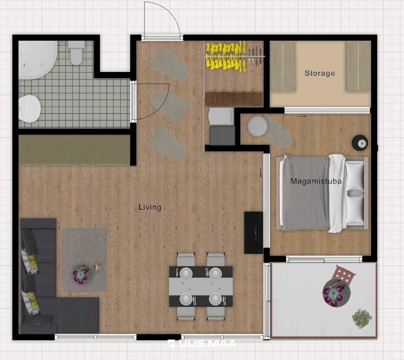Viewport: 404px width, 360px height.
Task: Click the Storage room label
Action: coord(320,73)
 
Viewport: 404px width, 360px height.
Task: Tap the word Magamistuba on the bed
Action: coord(316,181)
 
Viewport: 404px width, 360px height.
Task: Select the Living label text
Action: coord(150,207)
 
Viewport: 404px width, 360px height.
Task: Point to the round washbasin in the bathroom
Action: coord(29,108)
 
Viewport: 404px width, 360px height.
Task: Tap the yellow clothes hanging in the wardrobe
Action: coord(226,56)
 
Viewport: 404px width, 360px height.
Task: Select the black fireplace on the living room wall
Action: coord(254,233)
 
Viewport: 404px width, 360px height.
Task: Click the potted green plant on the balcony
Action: coord(362,319)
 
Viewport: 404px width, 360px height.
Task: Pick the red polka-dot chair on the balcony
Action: coord(345,274)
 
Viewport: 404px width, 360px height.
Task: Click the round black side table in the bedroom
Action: coord(360,143)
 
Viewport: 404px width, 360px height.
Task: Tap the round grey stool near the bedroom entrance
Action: coord(257,126)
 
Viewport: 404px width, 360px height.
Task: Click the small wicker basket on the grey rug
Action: coord(97,267)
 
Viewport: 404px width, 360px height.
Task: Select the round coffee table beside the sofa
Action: coord(82,274)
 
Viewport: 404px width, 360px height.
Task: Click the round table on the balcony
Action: coord(337,293)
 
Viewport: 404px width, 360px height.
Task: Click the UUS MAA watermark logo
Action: coord(202,343)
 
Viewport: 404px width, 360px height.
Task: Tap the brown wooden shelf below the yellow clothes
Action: coord(234,99)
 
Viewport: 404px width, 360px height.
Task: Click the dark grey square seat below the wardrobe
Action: coord(222,135)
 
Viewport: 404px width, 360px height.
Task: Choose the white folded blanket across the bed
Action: coord(337,193)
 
